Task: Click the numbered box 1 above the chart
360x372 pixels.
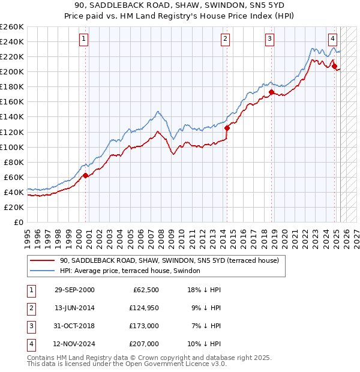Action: tap(84, 40)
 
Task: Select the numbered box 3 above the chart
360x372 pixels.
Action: tap(270, 40)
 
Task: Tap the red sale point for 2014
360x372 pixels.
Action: tap(227, 128)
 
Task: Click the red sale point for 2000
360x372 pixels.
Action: tap(85, 175)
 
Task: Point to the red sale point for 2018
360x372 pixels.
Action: tap(272, 92)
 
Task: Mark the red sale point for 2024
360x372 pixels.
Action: tap(335, 66)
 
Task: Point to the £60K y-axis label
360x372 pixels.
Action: tap(14, 177)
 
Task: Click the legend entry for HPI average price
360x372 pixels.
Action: tap(133, 271)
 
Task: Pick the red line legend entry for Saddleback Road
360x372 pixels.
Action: tap(169, 261)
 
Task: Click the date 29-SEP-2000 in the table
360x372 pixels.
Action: tap(74, 290)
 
